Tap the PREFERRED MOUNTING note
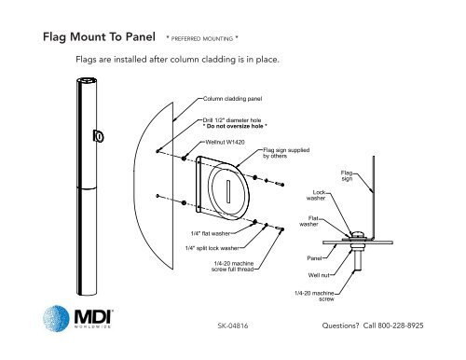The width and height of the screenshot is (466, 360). [x=202, y=41]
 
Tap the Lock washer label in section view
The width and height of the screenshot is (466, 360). [x=316, y=195]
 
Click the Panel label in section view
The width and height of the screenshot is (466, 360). [x=314, y=257]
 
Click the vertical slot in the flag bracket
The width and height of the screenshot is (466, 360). [x=228, y=187]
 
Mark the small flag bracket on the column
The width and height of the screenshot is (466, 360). [x=98, y=139]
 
